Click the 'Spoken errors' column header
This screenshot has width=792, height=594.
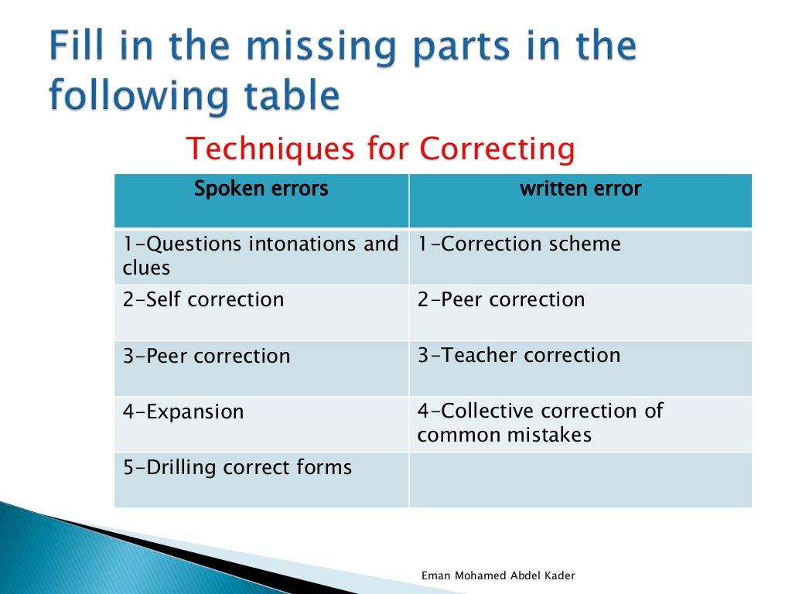(261, 189)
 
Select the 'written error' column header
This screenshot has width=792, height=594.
(580, 189)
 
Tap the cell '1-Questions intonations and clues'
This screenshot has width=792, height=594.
(261, 256)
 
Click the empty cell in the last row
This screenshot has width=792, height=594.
(580, 480)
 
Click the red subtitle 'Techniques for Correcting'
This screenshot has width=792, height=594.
(381, 148)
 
